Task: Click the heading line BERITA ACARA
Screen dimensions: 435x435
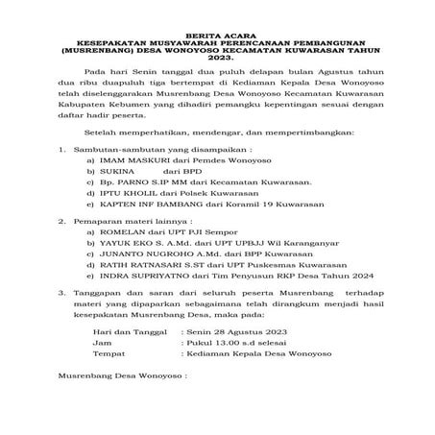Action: click(x=217, y=34)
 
